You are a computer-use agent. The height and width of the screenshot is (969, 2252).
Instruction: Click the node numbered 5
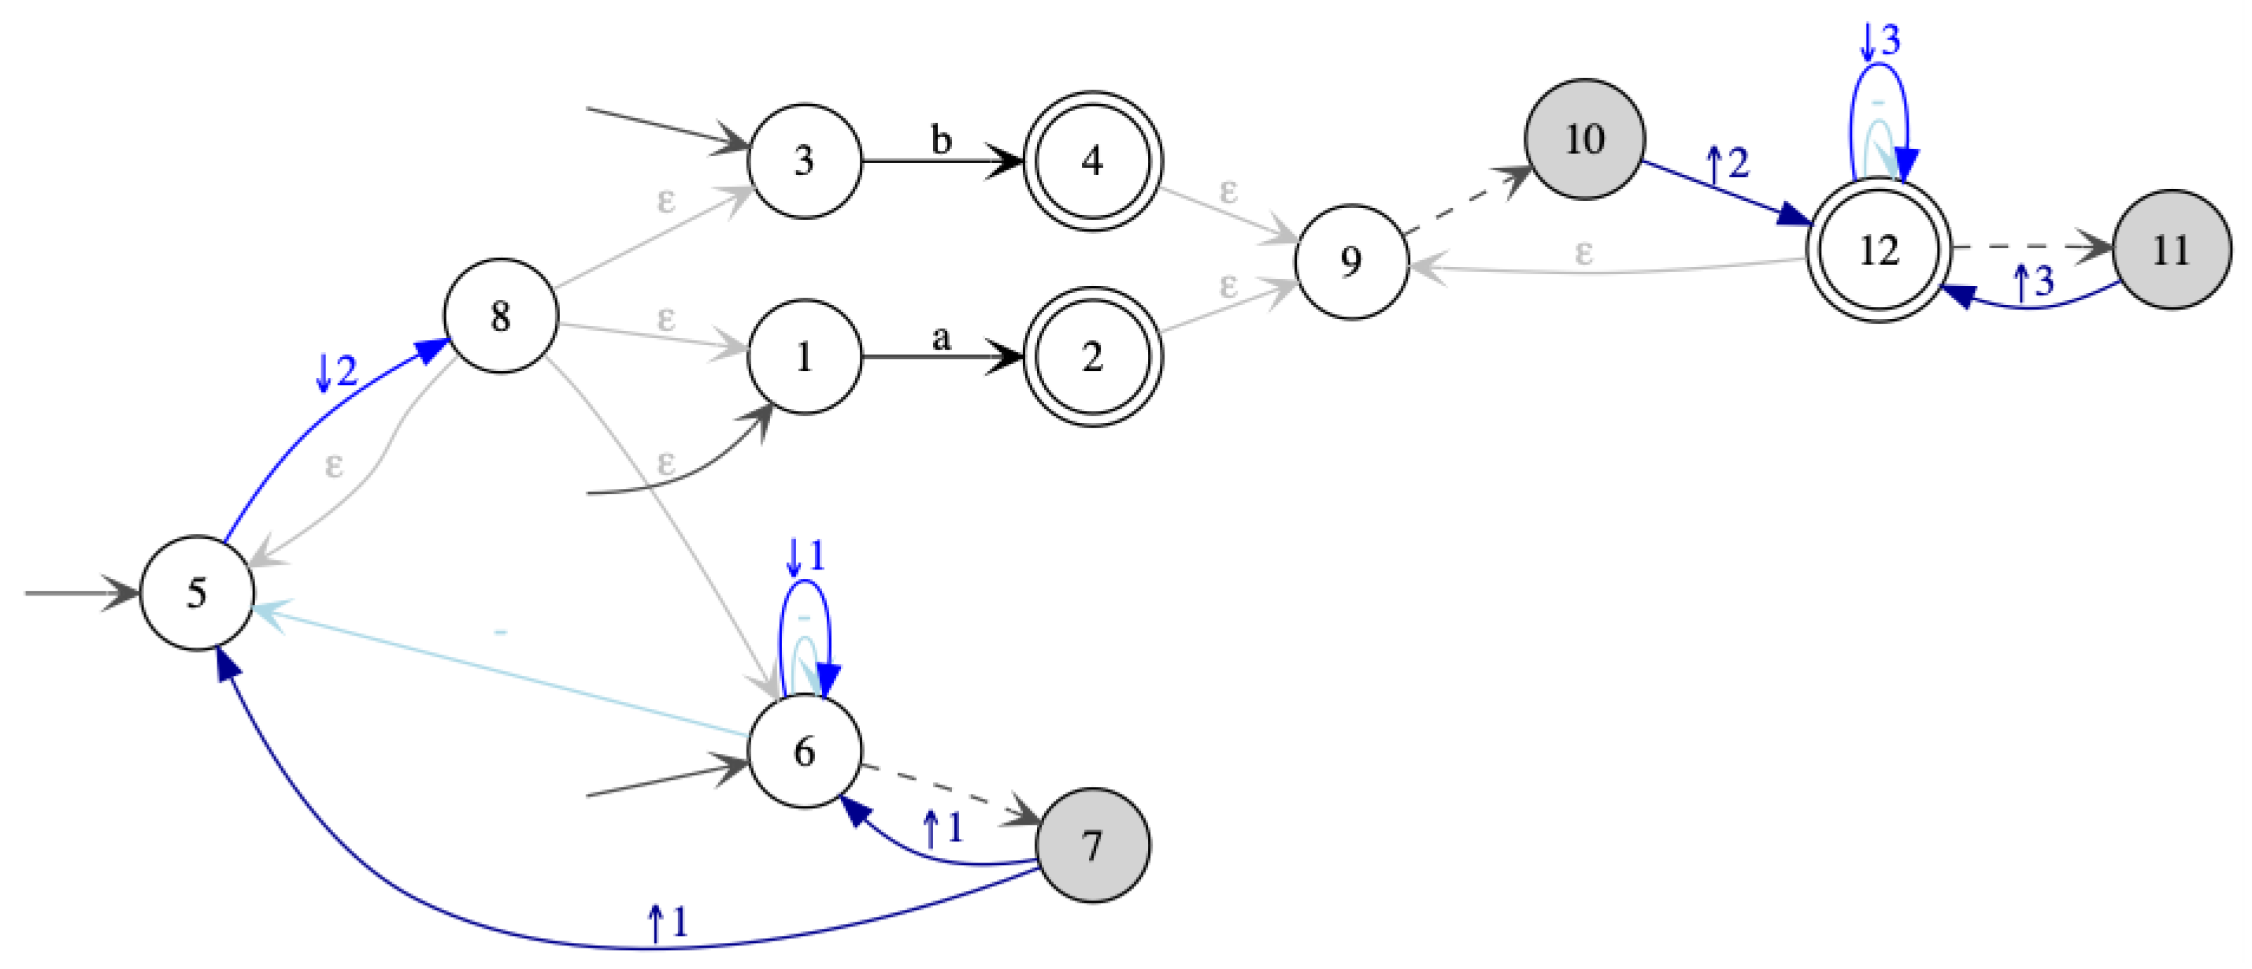pyautogui.click(x=197, y=593)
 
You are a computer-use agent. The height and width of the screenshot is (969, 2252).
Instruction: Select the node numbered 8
pyautogui.click(x=501, y=316)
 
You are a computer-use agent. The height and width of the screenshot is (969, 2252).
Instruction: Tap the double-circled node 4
pyautogui.click(x=1092, y=161)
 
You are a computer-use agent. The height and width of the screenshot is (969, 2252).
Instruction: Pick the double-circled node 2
pyautogui.click(x=1092, y=357)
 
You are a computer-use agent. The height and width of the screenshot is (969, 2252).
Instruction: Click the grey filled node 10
pyautogui.click(x=1584, y=140)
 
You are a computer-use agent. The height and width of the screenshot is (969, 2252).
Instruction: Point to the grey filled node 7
pyautogui.click(x=1092, y=845)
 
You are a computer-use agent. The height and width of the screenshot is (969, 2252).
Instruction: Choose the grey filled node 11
pyautogui.click(x=2171, y=250)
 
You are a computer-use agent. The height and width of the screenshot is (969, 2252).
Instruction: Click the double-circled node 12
pyautogui.click(x=1879, y=250)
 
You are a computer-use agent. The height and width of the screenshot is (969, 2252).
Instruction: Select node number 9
pyautogui.click(x=1350, y=262)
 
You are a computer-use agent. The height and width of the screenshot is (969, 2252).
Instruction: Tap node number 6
pyautogui.click(x=804, y=752)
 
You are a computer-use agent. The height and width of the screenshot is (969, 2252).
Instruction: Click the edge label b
pyautogui.click(x=941, y=140)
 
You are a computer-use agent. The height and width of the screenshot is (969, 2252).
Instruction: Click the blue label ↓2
pyautogui.click(x=336, y=372)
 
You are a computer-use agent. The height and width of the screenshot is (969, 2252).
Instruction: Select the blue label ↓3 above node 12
pyautogui.click(x=1880, y=40)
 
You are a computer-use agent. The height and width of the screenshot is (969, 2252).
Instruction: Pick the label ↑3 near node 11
pyautogui.click(x=2033, y=281)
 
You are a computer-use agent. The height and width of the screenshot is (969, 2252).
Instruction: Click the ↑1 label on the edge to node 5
pyautogui.click(x=668, y=923)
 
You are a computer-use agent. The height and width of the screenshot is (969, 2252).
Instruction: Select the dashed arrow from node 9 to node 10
pyautogui.click(x=1469, y=199)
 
